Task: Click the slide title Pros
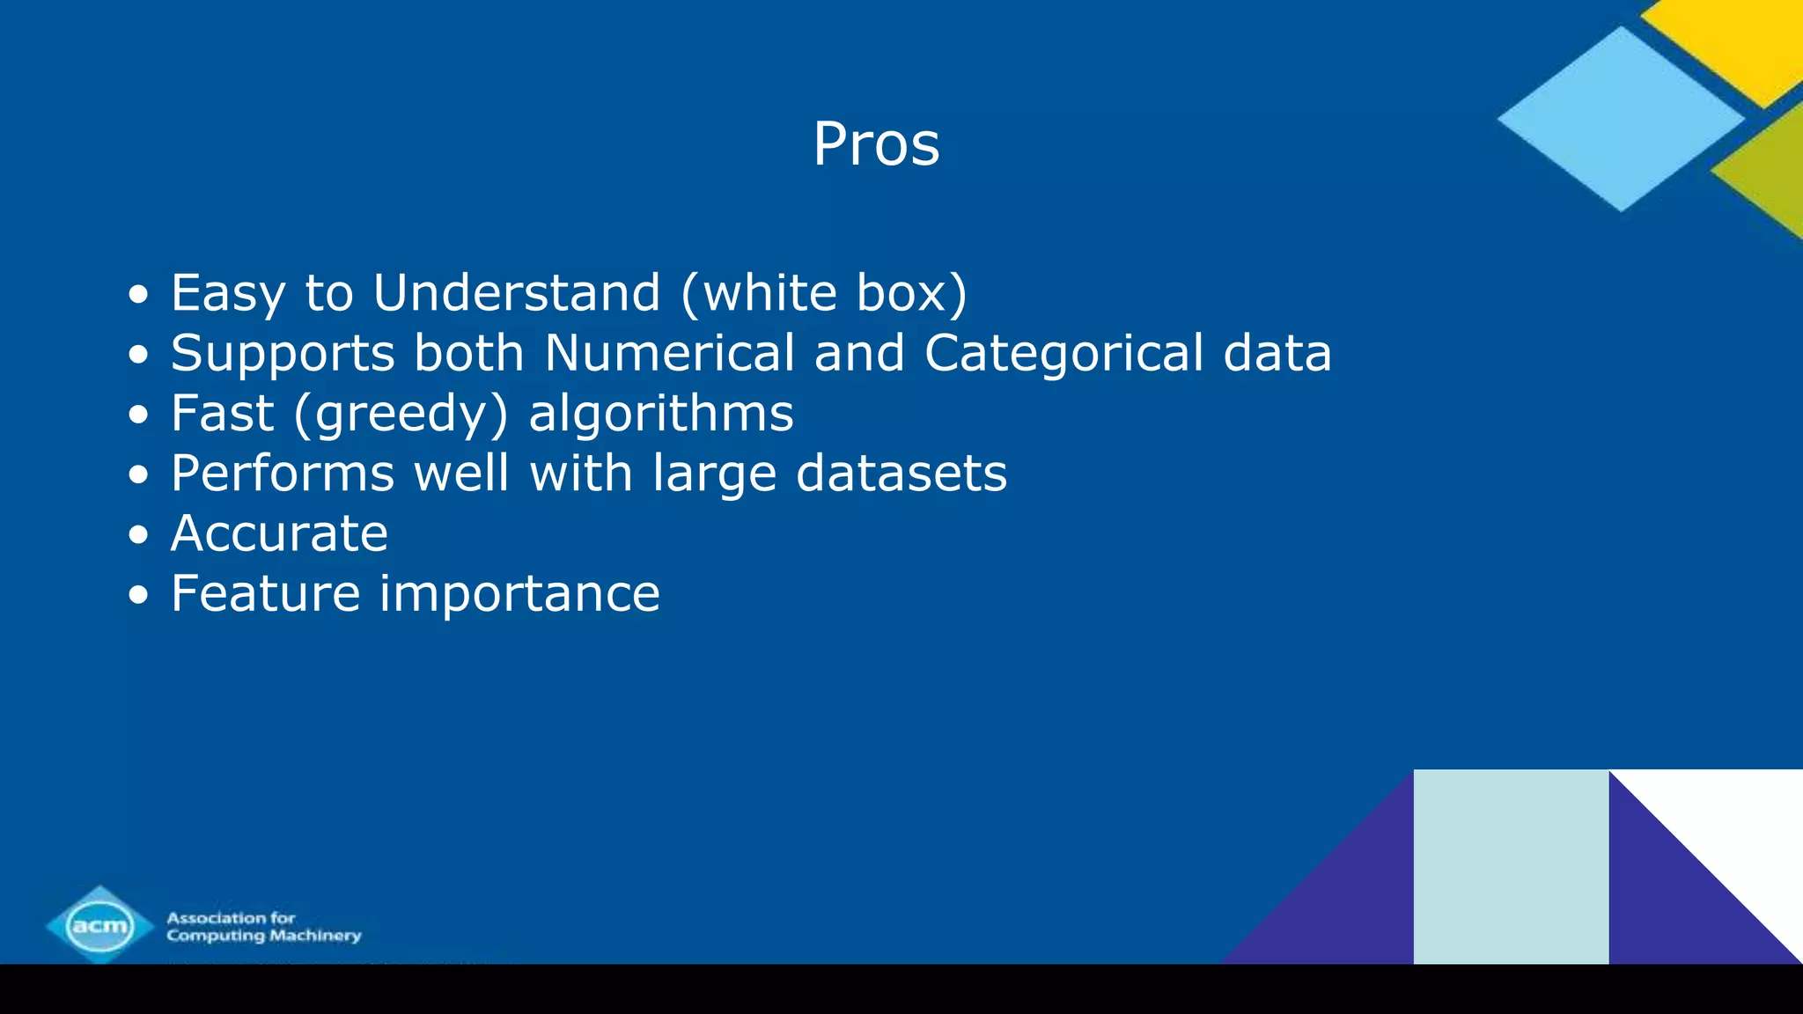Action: point(876,143)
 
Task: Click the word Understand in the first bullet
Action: point(517,292)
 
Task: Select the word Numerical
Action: point(670,353)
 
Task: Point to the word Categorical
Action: point(1063,353)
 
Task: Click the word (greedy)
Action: point(401,414)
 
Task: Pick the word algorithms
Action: point(661,413)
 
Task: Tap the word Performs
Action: point(283,473)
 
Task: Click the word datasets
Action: point(901,473)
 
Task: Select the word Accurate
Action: point(279,533)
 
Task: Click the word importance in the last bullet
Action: point(519,593)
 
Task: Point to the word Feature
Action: point(266,593)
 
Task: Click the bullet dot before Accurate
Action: point(138,534)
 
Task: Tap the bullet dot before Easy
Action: point(138,294)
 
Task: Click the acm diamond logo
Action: point(99,924)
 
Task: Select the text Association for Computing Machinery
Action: point(264,926)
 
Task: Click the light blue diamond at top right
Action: point(1621,119)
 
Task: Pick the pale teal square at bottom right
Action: point(1511,867)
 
